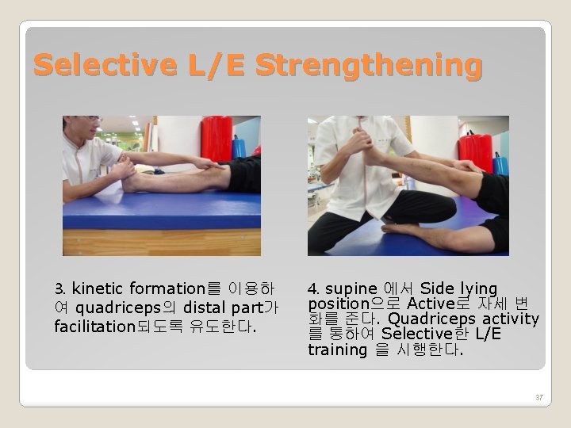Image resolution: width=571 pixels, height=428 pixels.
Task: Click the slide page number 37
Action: tap(539, 397)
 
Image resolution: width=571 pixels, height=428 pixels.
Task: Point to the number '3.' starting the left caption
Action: tap(61, 289)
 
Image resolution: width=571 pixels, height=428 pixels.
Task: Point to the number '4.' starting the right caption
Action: tap(313, 289)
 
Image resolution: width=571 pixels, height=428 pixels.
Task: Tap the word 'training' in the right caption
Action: tap(337, 350)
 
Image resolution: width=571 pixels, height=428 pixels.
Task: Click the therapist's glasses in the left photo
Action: tap(94, 120)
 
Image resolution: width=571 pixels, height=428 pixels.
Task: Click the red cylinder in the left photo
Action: tap(216, 138)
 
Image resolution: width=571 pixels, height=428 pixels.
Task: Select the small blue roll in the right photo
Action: tap(500, 164)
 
